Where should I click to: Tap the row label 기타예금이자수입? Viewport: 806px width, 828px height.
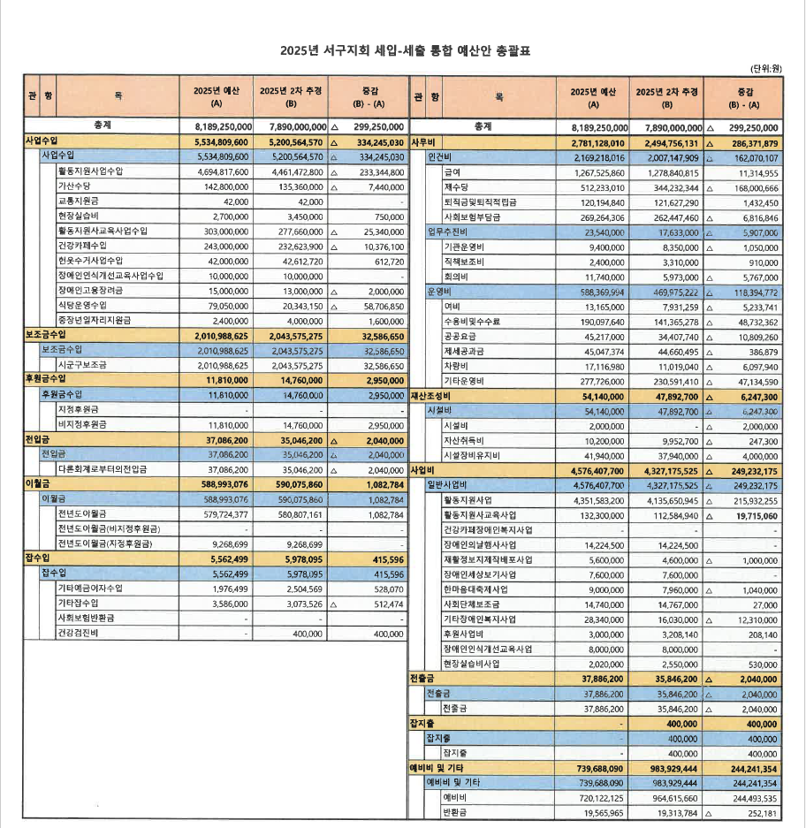90,589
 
